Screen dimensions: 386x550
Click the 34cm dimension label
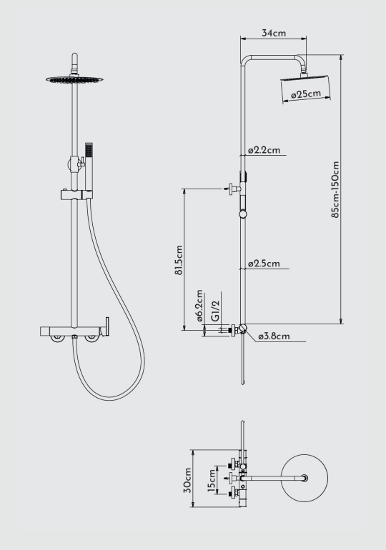coord(274,33)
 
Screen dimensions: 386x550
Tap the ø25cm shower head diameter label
coord(306,94)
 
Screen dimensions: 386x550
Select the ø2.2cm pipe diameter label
coord(264,150)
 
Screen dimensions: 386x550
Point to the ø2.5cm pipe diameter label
coord(264,264)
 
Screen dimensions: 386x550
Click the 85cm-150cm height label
coord(335,189)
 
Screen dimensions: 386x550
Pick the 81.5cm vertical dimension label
coord(179,260)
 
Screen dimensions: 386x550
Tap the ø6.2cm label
coord(199,306)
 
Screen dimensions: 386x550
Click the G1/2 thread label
coord(215,310)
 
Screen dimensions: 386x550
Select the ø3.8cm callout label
coord(274,336)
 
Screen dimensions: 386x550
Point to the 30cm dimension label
coord(188,480)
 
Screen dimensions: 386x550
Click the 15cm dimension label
coord(212,481)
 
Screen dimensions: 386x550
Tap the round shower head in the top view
coord(305,478)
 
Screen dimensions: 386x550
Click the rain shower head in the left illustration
coord(74,80)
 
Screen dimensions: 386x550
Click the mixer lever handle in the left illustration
coord(107,326)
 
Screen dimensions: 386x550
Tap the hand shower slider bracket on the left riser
coord(76,195)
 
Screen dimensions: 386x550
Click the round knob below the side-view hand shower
coord(243,214)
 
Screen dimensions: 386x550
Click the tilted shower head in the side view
coord(306,89)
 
